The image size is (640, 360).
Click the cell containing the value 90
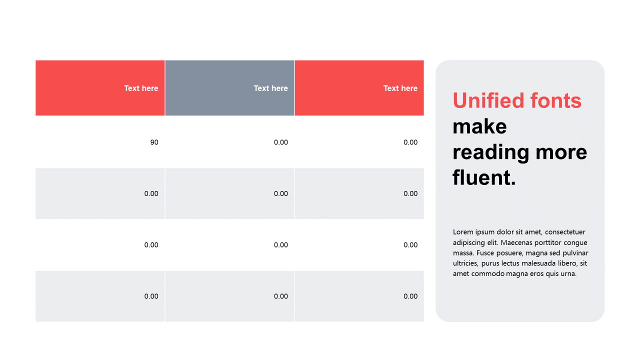100,142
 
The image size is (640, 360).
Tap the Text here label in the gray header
270,88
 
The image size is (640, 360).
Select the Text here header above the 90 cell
141,88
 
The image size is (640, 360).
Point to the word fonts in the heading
555,100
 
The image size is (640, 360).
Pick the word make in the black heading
479,126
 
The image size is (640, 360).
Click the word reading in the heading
491,153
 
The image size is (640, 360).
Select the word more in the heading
561,153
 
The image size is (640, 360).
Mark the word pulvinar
575,253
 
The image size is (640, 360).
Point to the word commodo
488,273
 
